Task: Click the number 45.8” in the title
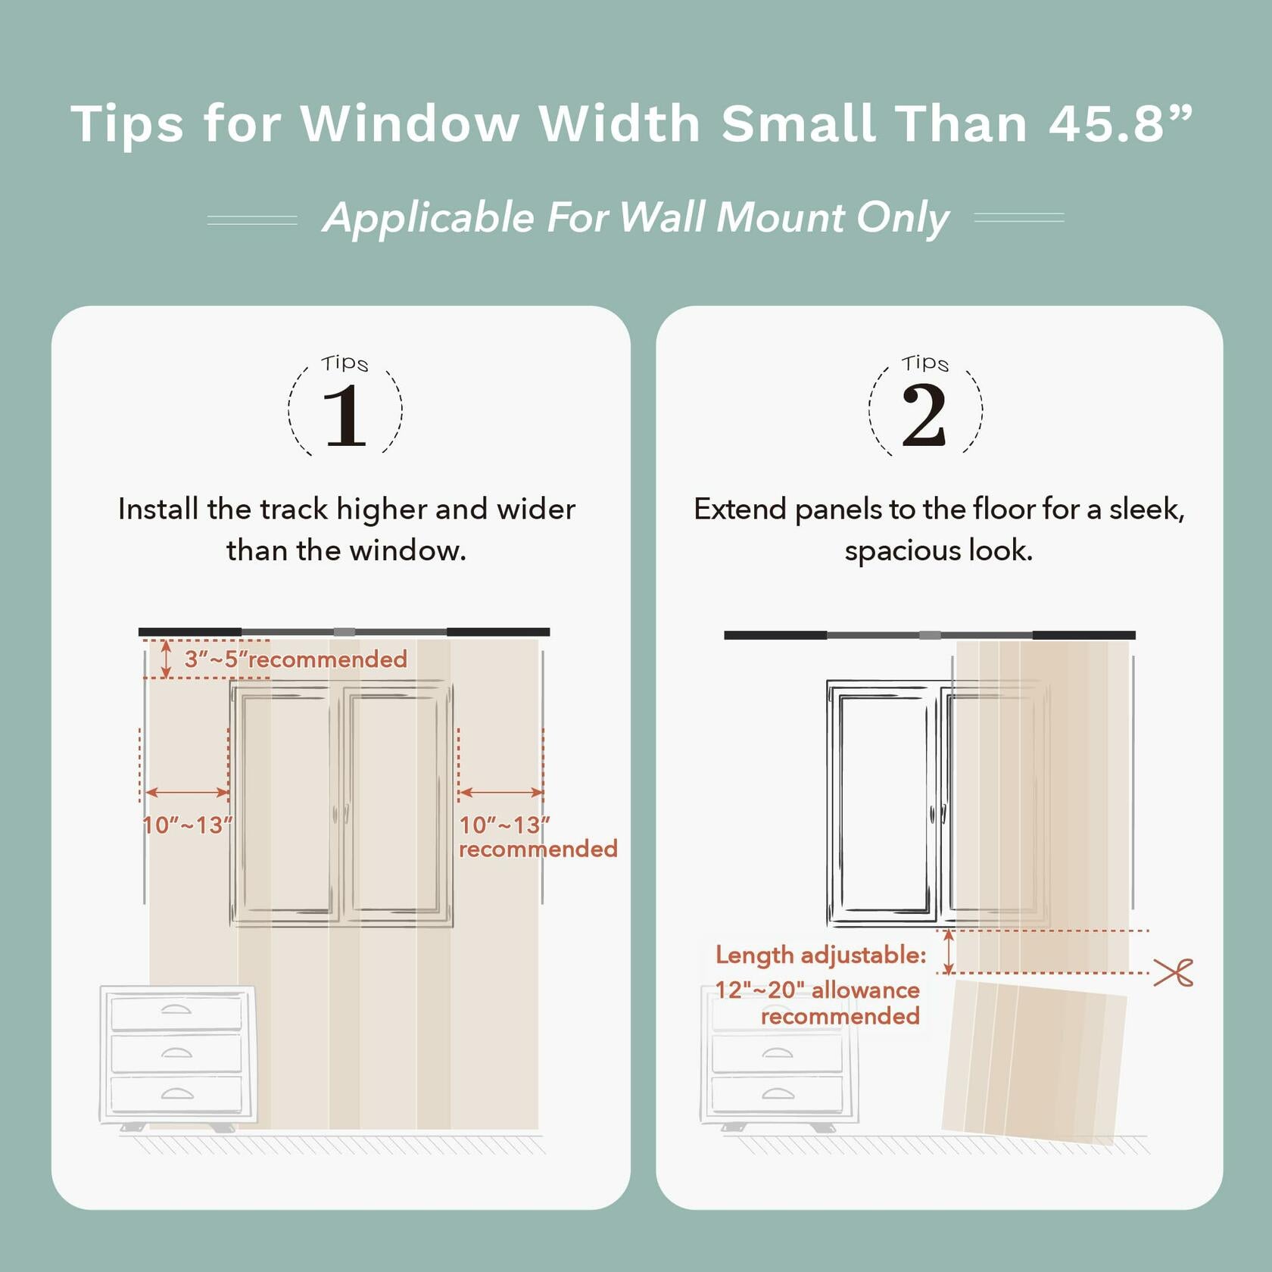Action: (1121, 123)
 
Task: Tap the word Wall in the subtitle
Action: (663, 218)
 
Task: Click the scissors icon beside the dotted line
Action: (1173, 972)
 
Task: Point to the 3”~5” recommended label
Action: (295, 659)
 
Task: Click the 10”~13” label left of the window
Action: (187, 825)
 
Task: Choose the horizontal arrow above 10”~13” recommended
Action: (500, 793)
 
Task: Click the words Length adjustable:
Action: (821, 955)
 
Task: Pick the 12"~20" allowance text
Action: (818, 990)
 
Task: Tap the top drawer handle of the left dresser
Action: (176, 1009)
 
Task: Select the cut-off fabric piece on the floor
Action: (1033, 1060)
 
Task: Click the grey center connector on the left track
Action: (344, 631)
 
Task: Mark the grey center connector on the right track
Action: (929, 635)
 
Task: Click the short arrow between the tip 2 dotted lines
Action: (948, 952)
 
